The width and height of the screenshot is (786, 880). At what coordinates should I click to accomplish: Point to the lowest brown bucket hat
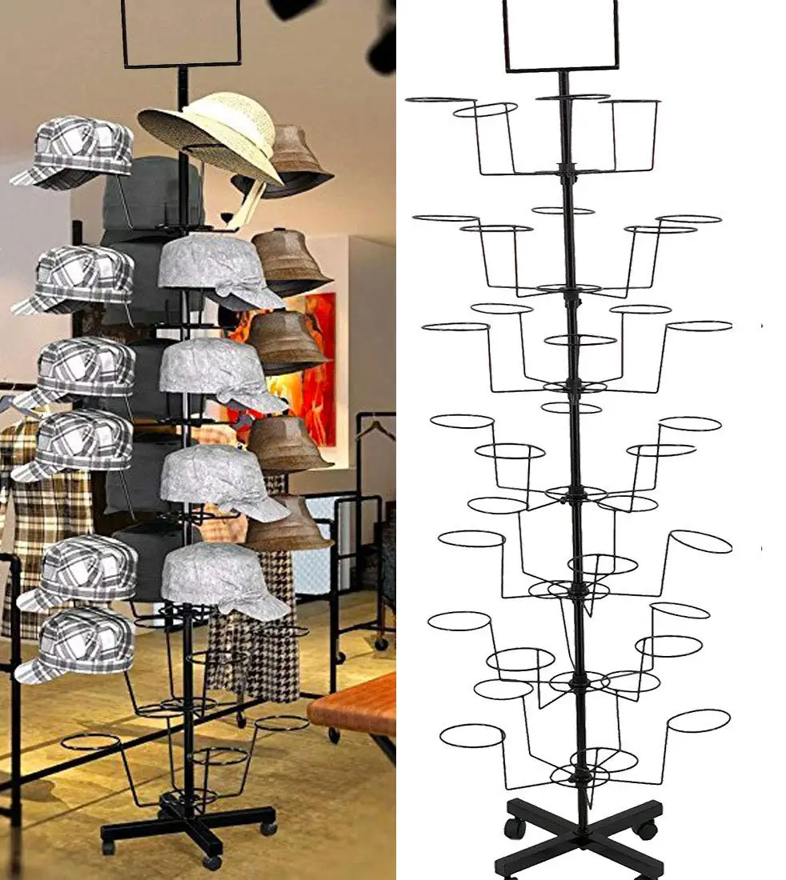tap(290, 524)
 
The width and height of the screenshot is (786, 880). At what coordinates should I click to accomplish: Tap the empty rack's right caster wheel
tap(647, 830)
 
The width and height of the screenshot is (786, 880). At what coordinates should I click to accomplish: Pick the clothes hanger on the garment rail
tap(376, 428)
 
